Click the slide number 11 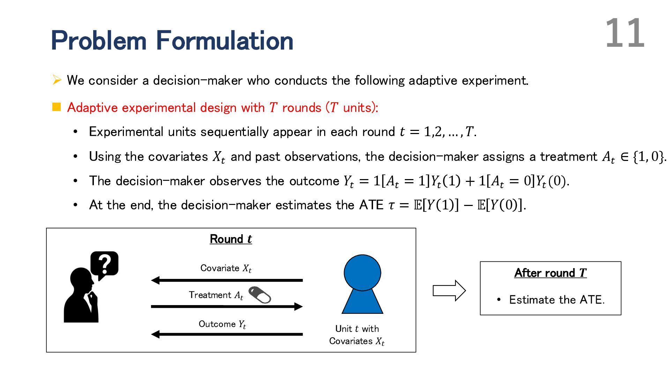[625, 34]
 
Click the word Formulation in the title [224, 40]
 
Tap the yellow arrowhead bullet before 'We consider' [57, 80]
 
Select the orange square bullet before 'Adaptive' [57, 107]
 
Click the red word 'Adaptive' [92, 108]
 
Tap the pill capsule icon [260, 295]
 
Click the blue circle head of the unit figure [362, 273]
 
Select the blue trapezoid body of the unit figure [362, 302]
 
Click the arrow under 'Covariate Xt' [227, 280]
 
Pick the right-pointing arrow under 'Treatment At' [227, 306]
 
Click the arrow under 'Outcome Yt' [227, 334]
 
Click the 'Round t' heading [231, 239]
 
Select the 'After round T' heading [550, 273]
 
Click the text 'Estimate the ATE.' [557, 300]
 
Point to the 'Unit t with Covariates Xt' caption [357, 335]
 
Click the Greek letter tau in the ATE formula [392, 205]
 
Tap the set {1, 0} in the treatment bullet [648, 157]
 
